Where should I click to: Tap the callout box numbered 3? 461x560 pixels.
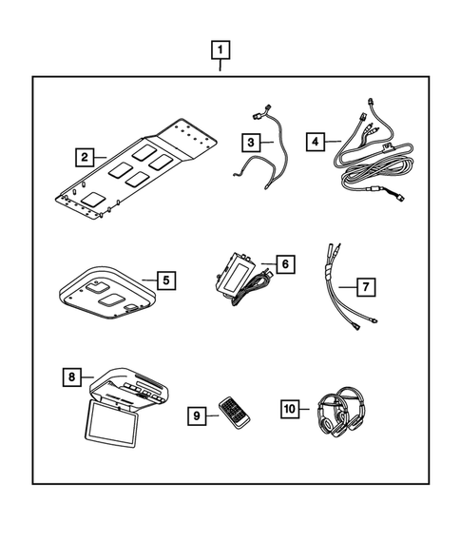click(x=249, y=142)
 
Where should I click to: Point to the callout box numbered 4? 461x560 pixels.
click(x=316, y=142)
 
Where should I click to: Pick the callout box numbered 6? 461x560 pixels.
click(x=283, y=261)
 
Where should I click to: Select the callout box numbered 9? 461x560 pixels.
click(x=198, y=416)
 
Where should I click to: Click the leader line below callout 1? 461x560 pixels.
click(x=221, y=67)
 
